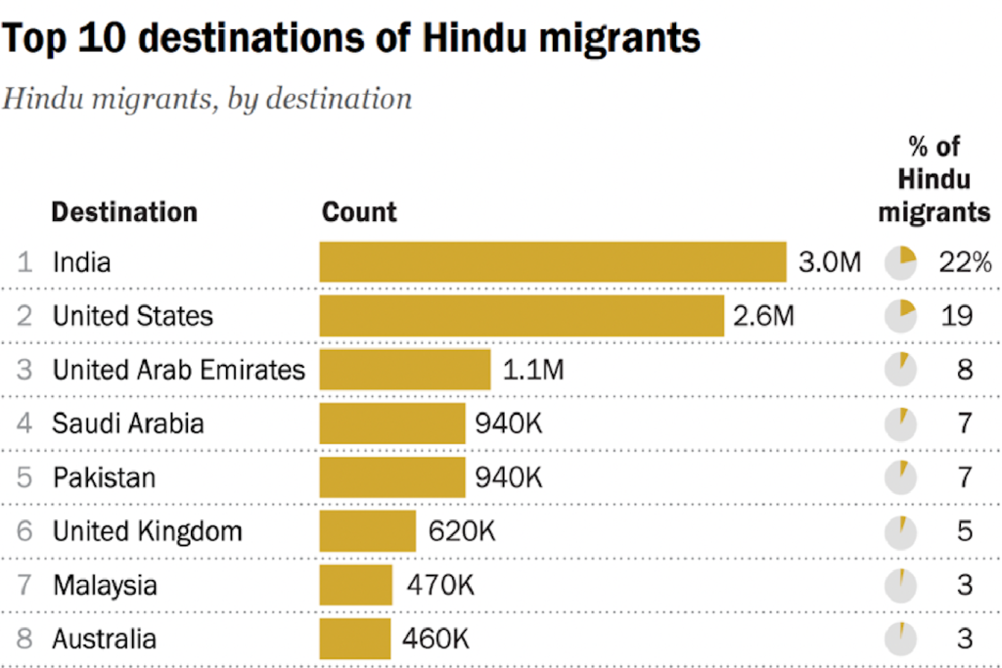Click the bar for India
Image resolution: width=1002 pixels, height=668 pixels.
point(553,262)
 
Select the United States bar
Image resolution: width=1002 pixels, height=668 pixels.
point(522,316)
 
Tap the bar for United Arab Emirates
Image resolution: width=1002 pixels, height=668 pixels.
point(404,370)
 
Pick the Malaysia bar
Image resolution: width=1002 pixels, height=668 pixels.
point(355,585)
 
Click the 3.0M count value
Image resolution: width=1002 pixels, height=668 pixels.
point(830,262)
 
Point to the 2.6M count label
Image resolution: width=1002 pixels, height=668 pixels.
point(763,316)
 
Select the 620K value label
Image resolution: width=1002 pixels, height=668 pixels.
point(462,531)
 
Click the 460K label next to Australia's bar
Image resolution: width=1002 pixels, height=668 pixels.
point(435,639)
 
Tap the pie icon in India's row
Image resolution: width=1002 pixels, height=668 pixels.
point(900,262)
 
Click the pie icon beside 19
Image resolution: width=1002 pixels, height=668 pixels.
point(900,316)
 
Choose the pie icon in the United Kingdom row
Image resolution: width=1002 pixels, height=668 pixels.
point(900,531)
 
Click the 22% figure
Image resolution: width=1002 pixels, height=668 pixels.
point(965,262)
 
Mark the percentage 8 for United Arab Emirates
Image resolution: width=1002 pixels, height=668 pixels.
point(965,370)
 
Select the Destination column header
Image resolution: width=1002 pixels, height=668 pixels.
point(124,212)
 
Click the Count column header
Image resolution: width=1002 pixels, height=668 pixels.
point(359,212)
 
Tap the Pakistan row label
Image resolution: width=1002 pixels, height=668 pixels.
point(104,477)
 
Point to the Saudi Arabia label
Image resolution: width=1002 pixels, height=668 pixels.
point(128,423)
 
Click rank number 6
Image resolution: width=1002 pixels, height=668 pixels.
point(24,531)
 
